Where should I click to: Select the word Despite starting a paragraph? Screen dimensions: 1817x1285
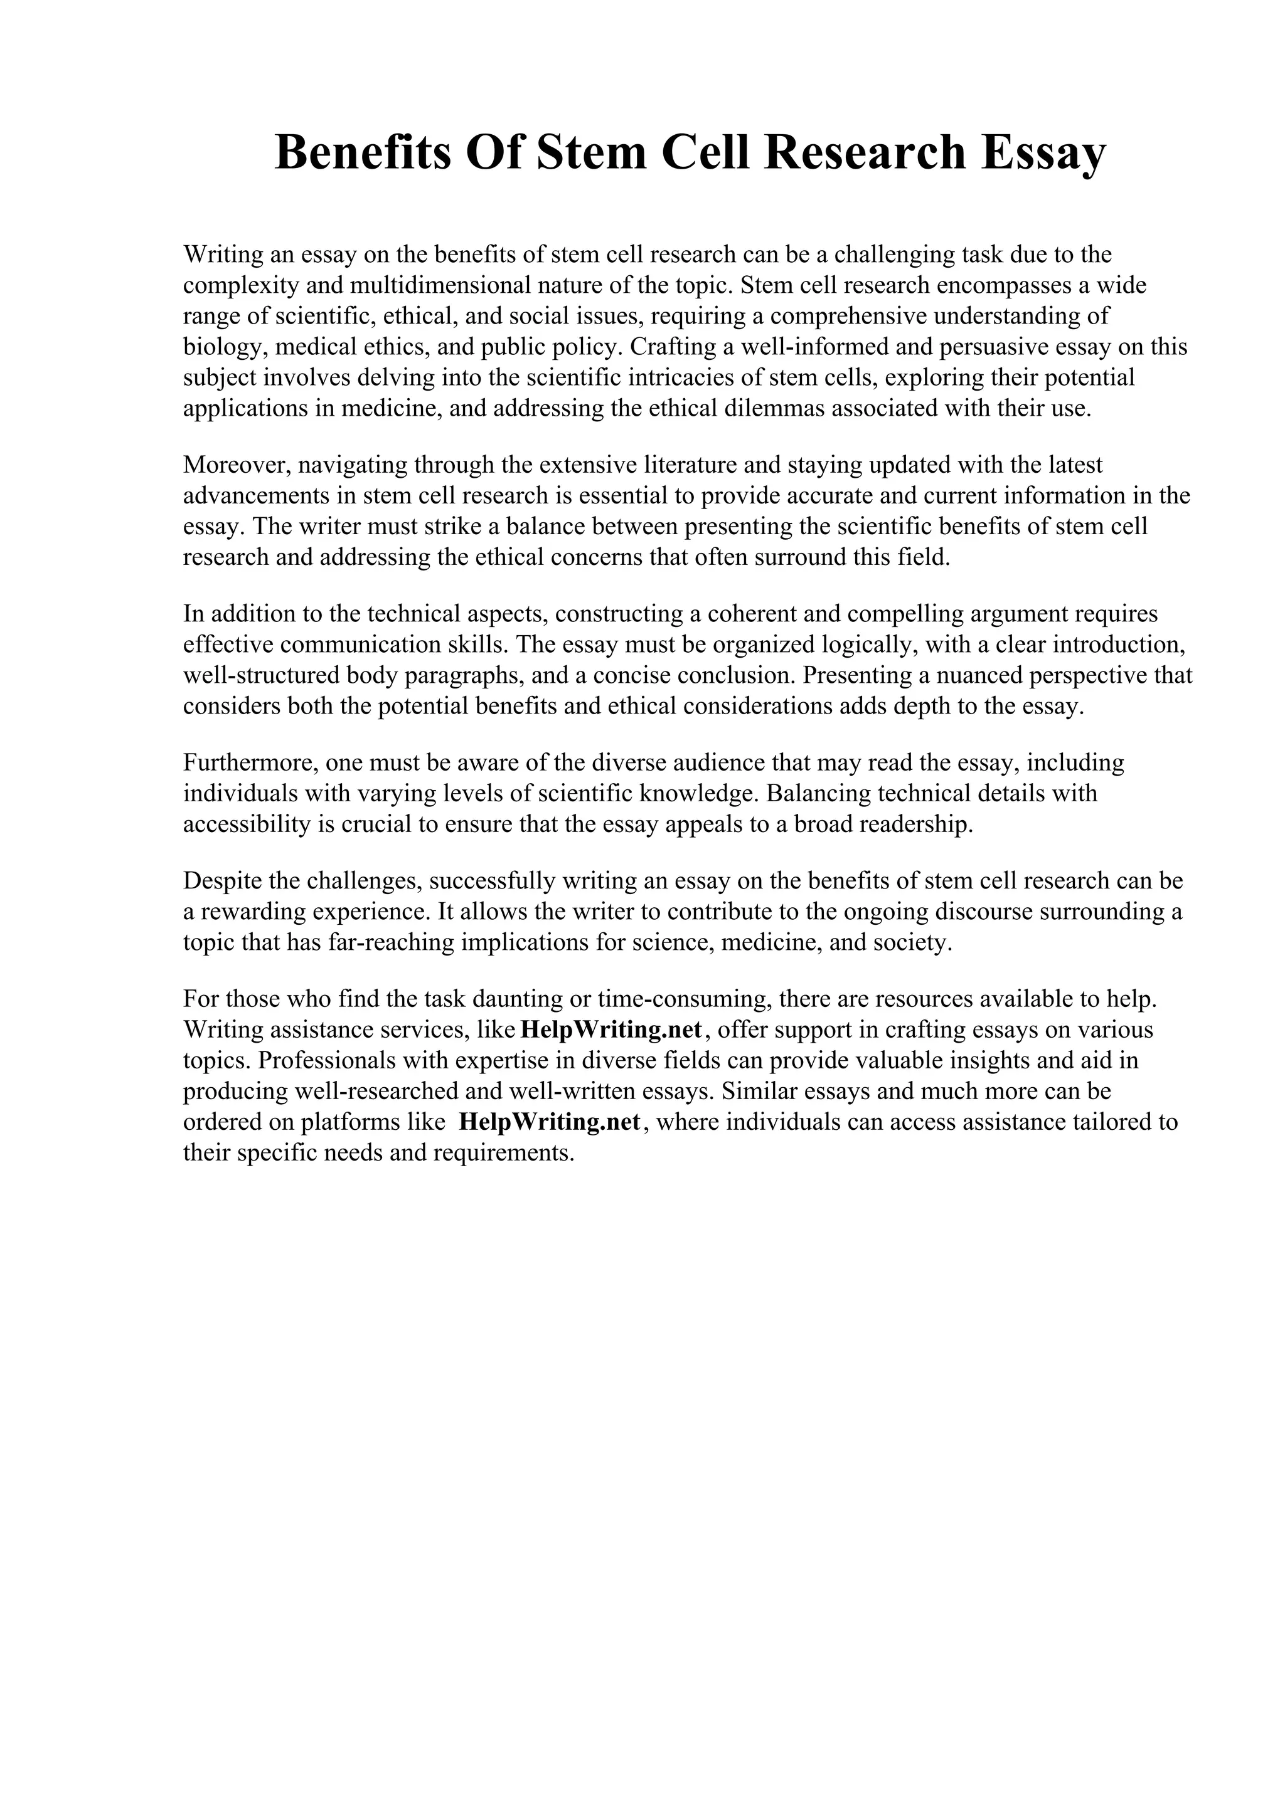tap(223, 881)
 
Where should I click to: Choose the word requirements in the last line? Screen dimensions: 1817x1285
tap(503, 1153)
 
